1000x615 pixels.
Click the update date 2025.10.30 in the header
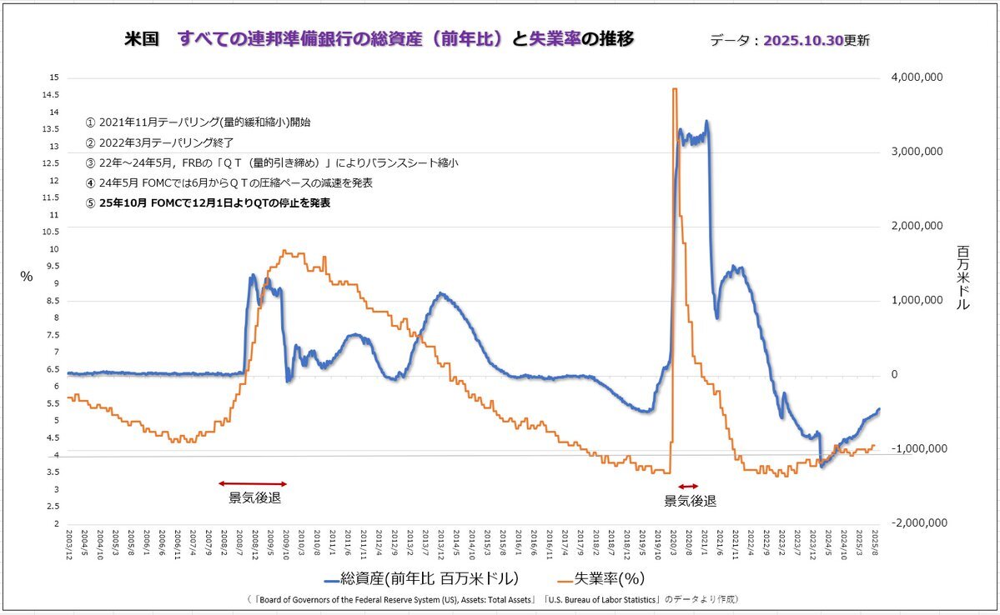804,40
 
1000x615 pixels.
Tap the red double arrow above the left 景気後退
253,483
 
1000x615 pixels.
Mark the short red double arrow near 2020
687,486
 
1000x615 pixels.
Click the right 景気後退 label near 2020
690,501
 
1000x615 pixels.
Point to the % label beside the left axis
26,277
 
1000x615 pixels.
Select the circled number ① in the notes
90,122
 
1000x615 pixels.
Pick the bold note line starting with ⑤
209,202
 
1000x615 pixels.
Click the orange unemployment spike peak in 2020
674,89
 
